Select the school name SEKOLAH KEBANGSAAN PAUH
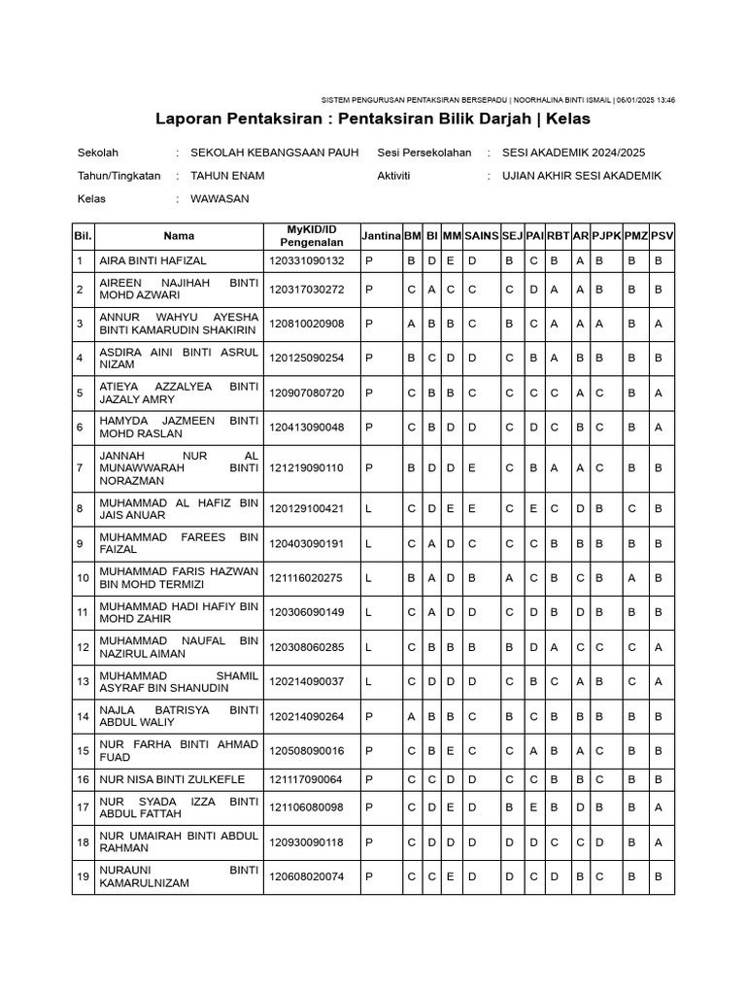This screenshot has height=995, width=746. [275, 153]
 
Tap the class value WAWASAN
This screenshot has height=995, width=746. [220, 199]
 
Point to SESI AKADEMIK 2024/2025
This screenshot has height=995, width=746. [573, 153]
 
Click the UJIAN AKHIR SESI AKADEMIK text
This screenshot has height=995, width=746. [581, 176]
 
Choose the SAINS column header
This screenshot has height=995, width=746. [482, 236]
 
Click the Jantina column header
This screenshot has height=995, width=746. [381, 236]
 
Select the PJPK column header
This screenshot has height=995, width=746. [607, 236]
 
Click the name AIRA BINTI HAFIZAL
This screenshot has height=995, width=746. [153, 261]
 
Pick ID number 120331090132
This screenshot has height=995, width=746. [307, 261]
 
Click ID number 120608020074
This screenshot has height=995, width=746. [307, 876]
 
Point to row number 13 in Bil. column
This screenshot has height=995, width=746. [83, 682]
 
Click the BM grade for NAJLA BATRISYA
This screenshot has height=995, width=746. [412, 717]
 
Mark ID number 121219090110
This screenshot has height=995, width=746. [307, 467]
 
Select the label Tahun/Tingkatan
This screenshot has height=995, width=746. [119, 176]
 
